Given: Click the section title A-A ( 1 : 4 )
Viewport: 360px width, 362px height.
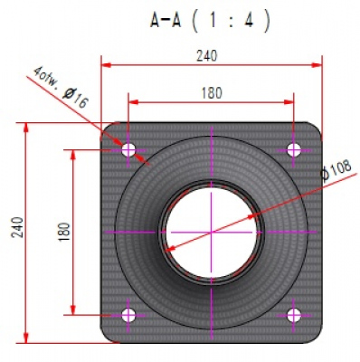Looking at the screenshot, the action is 210,21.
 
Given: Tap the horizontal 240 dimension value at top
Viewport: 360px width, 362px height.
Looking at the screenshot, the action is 207,56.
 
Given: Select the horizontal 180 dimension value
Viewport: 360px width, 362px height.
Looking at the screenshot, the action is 212,93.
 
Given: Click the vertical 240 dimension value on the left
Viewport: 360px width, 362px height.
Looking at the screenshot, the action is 17,227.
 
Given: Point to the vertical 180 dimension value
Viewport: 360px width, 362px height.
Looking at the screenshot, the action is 64,232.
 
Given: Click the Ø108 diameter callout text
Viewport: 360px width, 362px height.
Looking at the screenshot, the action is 336,169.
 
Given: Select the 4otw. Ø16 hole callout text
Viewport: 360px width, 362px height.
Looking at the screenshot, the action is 61,87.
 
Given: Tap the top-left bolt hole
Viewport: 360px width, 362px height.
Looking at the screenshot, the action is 128,149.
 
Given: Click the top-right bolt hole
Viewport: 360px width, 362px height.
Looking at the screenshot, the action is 293,149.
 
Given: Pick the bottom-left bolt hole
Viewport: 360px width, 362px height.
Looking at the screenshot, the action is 128,315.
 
